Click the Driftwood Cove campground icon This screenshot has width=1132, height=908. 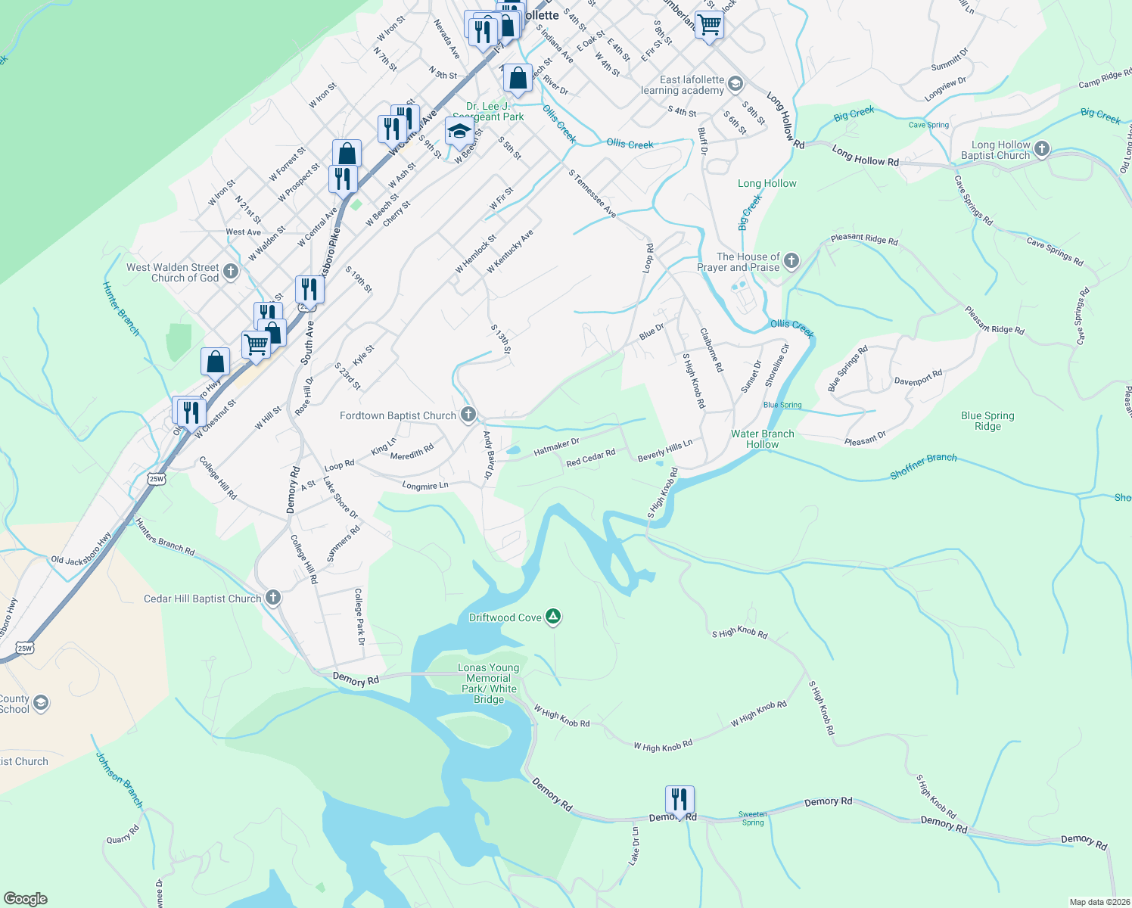click(x=554, y=617)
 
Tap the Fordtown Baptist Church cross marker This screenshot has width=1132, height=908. click(x=468, y=415)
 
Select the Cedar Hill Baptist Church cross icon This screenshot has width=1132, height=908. click(x=273, y=598)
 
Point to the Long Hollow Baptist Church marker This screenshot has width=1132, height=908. click(x=1042, y=149)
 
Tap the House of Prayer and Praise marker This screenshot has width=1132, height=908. click(x=791, y=262)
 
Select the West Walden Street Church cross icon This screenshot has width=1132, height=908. click(x=231, y=272)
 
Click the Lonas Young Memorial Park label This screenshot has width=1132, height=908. click(x=489, y=683)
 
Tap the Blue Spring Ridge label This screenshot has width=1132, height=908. click(x=987, y=421)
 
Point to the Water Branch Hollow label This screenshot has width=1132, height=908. click(x=762, y=439)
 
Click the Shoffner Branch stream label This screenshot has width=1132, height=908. click(x=923, y=466)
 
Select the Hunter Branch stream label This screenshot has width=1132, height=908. click(x=121, y=309)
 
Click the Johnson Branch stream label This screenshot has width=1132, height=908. click(x=120, y=779)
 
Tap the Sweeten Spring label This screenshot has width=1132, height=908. click(x=752, y=818)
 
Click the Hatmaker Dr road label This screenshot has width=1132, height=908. click(x=556, y=447)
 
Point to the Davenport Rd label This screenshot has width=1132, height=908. click(x=918, y=378)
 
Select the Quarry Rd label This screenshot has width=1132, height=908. click(x=123, y=834)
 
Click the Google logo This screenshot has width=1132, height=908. click(x=25, y=899)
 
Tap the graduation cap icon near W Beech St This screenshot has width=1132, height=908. click(x=459, y=132)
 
